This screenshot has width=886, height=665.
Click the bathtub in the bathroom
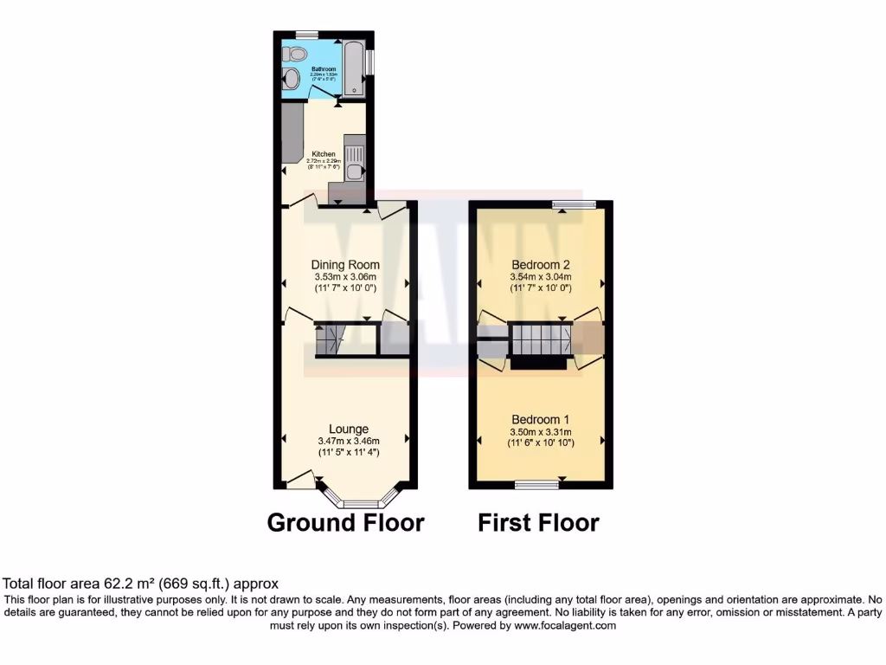[x=353, y=67]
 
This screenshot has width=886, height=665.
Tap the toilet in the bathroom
[x=297, y=54]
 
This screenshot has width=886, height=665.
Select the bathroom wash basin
[x=292, y=81]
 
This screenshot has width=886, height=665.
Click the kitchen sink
[x=354, y=155]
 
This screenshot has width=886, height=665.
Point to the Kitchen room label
[x=324, y=154]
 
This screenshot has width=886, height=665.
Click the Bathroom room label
[x=324, y=68]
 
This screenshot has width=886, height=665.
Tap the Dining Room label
[x=345, y=265]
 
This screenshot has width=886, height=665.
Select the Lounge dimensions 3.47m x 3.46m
[x=349, y=441]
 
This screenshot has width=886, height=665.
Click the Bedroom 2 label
[x=541, y=265]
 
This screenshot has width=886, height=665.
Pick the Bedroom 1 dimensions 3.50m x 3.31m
[x=541, y=432]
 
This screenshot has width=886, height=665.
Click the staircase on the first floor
[x=540, y=339]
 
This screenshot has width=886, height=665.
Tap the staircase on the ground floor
[x=330, y=340]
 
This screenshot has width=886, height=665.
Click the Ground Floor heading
[x=345, y=523]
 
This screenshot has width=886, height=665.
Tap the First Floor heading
[x=538, y=523]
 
